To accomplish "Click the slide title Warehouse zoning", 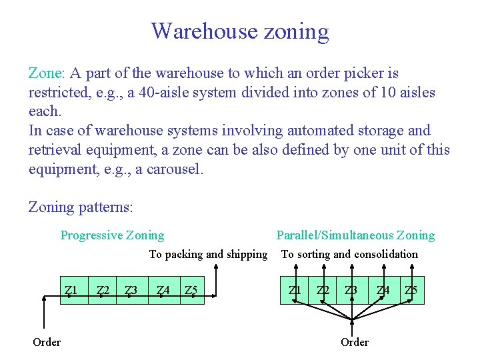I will (x=240, y=31).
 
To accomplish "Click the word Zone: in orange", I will (x=46, y=73).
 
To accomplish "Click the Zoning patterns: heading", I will (x=81, y=207).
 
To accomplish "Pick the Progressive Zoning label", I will (x=112, y=235).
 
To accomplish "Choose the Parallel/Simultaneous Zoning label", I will (x=355, y=235).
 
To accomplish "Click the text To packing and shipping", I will (x=207, y=254).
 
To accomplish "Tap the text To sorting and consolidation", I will (x=349, y=254).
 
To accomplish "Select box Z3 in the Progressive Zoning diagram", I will (x=131, y=291).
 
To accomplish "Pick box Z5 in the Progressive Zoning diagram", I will (x=191, y=291).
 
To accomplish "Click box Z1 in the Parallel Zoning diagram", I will (x=294, y=291).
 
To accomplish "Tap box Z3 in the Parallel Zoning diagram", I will (x=351, y=291).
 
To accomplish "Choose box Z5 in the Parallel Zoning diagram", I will (x=411, y=291).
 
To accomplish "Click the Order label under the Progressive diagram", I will (x=47, y=342).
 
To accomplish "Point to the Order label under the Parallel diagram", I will (x=354, y=342).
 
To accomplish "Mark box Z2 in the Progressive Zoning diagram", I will (x=103, y=291).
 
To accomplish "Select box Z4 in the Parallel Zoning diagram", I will (x=383, y=291).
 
